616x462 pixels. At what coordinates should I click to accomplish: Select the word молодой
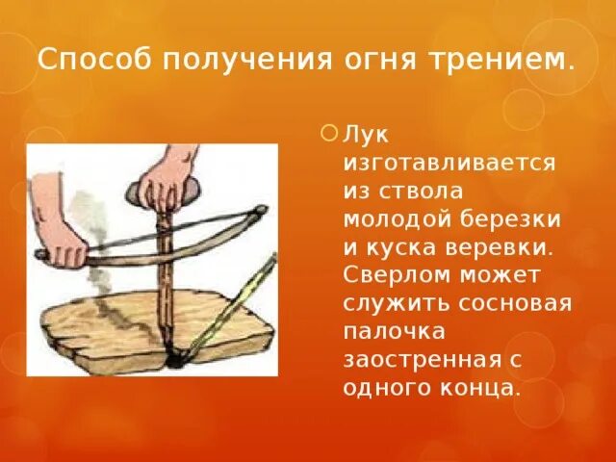tap(397, 218)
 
